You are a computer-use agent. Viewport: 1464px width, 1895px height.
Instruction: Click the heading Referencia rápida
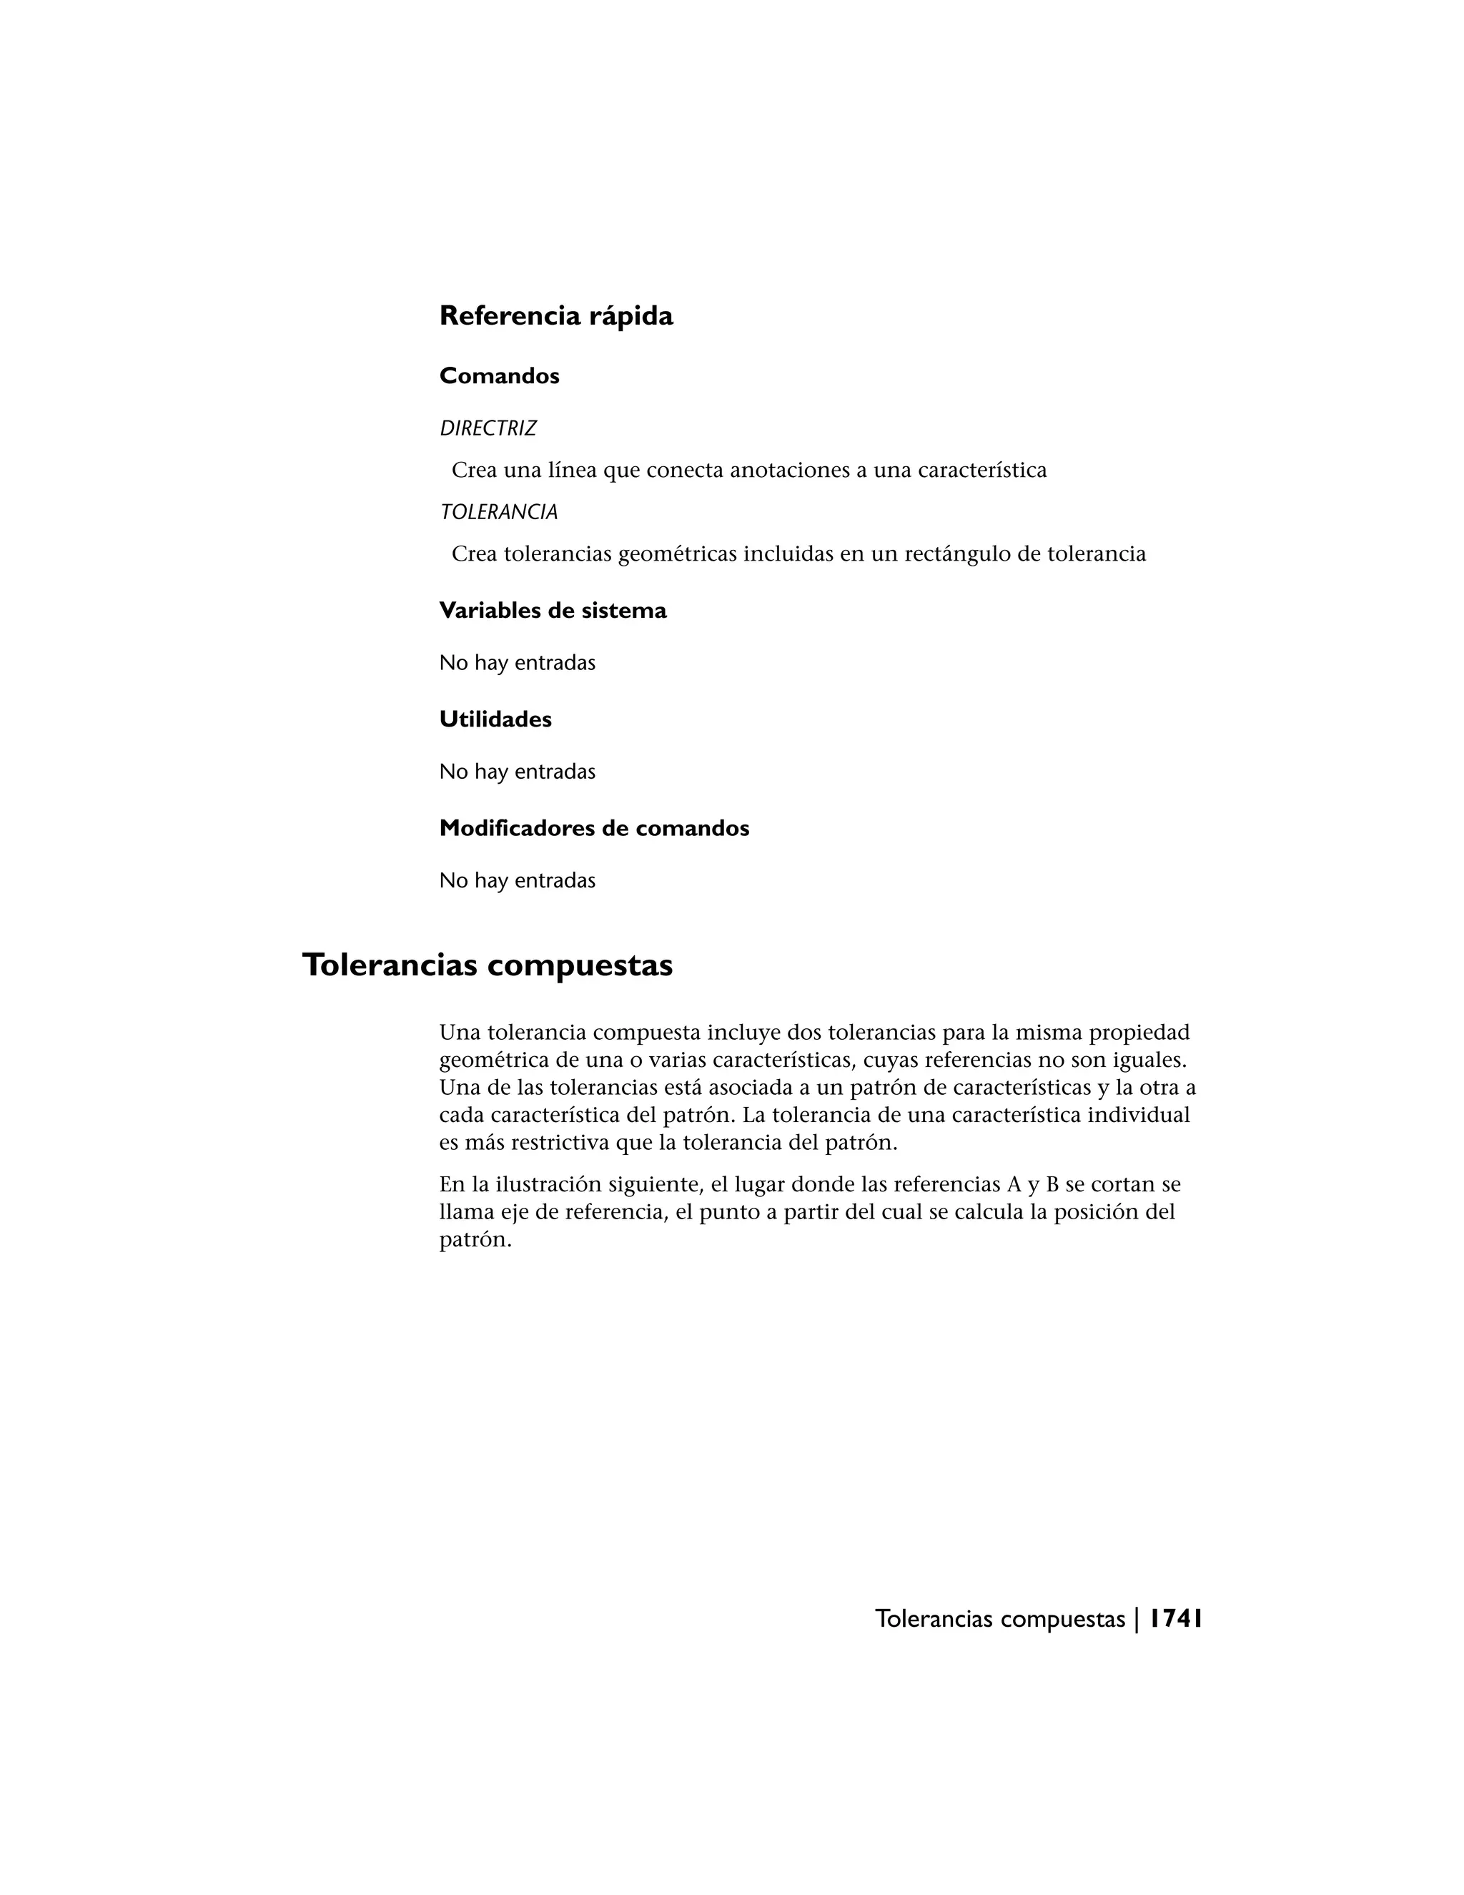[x=556, y=316]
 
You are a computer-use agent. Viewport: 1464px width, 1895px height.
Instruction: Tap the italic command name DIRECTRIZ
[x=488, y=428]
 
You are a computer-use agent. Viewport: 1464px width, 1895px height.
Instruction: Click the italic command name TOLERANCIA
[x=499, y=513]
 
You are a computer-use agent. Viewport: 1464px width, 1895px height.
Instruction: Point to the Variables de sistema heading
[x=553, y=611]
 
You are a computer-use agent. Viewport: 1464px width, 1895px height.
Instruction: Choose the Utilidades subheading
[x=495, y=719]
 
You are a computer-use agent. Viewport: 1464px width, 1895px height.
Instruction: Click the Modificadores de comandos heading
[x=594, y=829]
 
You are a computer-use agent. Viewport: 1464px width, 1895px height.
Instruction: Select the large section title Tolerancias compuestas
[x=488, y=965]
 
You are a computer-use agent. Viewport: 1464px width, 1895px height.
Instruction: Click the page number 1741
[x=1176, y=1619]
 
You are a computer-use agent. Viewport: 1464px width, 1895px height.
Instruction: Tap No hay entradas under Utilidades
[x=517, y=772]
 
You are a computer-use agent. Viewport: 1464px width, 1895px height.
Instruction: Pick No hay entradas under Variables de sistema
[x=517, y=663]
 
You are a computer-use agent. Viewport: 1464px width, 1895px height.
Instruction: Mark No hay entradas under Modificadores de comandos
[x=517, y=881]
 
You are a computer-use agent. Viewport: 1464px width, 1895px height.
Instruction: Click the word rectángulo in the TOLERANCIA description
[x=954, y=554]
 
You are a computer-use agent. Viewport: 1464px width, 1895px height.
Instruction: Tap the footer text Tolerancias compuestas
[x=1000, y=1620]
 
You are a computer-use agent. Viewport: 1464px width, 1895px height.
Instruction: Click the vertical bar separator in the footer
[x=1136, y=1620]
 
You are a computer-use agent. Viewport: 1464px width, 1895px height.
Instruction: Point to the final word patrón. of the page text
[x=475, y=1241]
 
